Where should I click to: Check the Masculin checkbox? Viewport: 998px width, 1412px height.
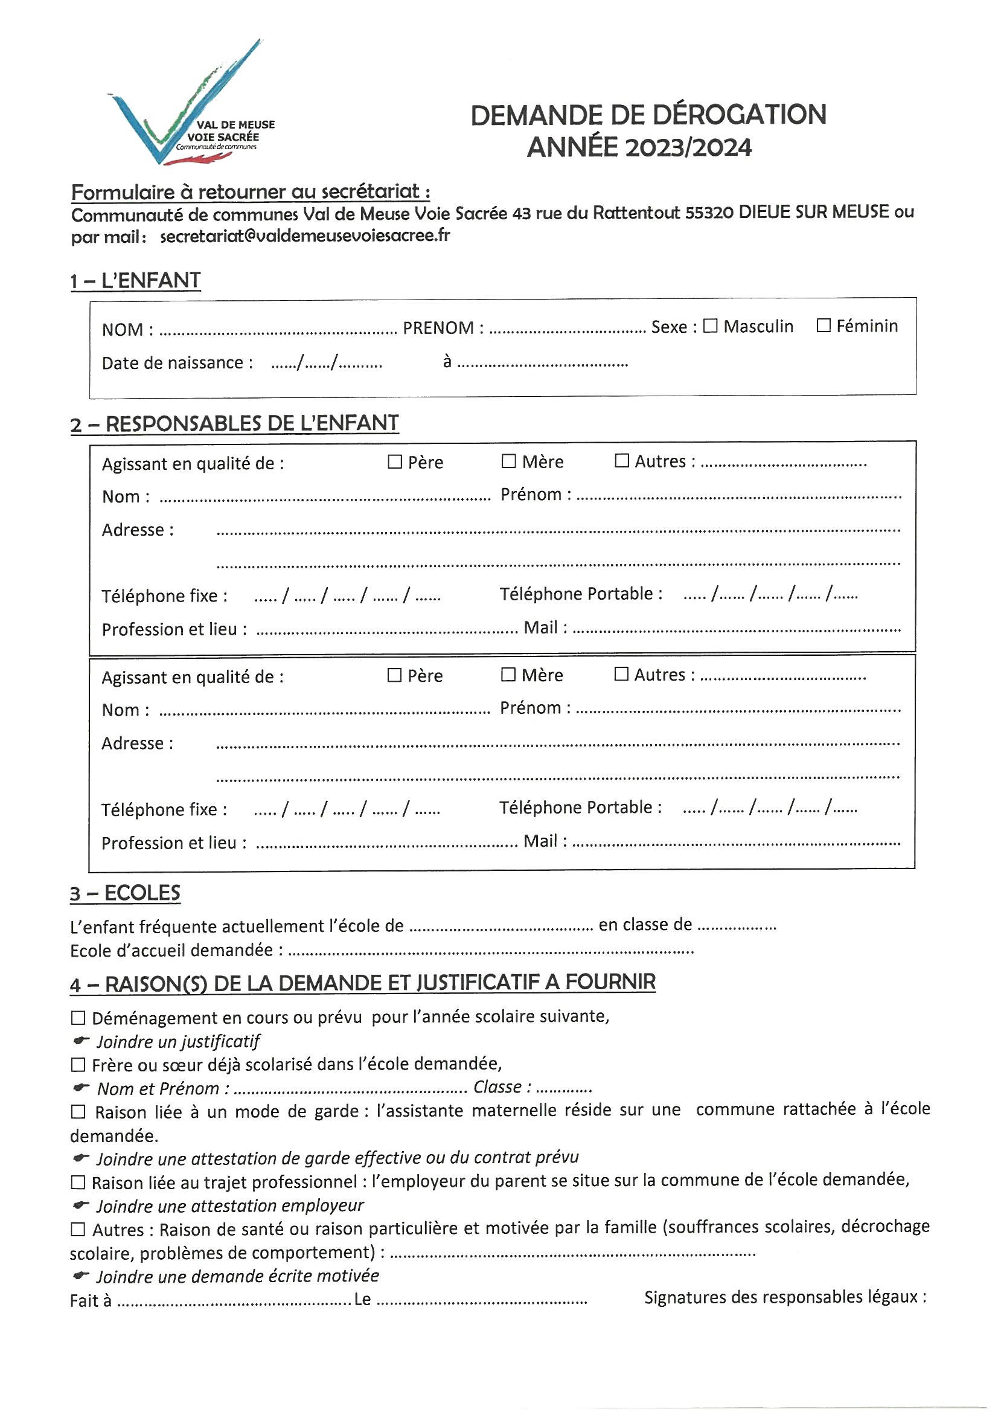click(710, 326)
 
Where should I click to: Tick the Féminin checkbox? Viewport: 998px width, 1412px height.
click(824, 326)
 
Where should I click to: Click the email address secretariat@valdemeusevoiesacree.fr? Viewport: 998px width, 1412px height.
click(305, 236)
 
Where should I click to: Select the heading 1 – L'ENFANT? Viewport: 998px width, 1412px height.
click(135, 281)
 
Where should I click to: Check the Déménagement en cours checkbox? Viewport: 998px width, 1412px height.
click(78, 1018)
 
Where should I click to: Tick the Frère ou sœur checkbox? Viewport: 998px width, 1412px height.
click(78, 1065)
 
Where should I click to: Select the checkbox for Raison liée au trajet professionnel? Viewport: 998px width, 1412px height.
click(78, 1183)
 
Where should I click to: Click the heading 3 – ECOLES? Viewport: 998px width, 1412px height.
click(125, 894)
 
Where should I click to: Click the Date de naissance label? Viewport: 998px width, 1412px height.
click(177, 363)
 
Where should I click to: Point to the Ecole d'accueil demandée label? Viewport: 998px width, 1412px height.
click(176, 951)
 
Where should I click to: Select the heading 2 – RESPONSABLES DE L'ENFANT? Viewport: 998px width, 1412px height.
click(234, 424)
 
